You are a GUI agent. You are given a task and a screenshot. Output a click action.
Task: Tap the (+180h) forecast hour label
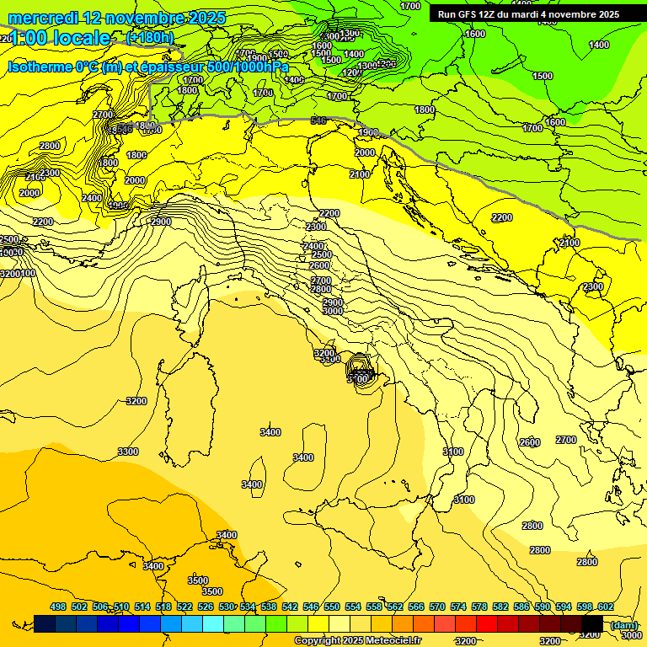pos(150,37)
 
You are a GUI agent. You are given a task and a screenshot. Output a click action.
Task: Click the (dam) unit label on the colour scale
pos(624,625)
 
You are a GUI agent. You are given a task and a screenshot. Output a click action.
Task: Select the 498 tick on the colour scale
pos(58,607)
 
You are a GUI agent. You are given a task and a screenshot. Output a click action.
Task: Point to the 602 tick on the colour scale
pos(605,607)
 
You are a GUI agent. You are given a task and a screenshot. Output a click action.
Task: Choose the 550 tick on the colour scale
pos(332,607)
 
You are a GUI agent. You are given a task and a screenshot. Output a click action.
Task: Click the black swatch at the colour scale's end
pos(592,623)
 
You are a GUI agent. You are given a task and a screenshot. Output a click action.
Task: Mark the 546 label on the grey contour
pos(318,121)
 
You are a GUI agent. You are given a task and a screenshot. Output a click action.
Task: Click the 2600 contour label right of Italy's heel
pos(529,442)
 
